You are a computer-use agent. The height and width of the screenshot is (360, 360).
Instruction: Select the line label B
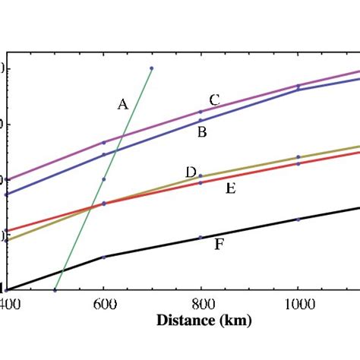point(202,133)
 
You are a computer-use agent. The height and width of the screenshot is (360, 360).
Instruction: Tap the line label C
point(215,99)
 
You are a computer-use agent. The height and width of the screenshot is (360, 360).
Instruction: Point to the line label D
point(191,172)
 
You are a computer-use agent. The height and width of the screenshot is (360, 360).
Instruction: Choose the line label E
point(230,188)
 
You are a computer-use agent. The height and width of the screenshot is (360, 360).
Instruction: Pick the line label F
point(219,244)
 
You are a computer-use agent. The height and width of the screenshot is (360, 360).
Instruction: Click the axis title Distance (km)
point(204,321)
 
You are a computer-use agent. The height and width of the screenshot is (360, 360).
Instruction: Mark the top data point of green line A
point(152,68)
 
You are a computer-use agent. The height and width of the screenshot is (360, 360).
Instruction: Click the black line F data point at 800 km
point(201,238)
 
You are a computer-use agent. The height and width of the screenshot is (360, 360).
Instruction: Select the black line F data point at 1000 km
point(298,219)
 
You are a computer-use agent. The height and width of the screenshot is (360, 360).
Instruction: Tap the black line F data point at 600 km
point(104,257)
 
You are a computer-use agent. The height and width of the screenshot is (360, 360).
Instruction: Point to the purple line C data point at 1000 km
point(298,86)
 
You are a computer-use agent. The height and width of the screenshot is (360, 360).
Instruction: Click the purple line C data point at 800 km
point(201,112)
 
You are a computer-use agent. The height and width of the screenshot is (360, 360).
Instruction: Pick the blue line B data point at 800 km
point(201,121)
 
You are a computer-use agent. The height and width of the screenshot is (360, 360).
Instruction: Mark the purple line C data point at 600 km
point(104,143)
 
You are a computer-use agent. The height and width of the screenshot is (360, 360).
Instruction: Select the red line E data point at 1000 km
point(298,163)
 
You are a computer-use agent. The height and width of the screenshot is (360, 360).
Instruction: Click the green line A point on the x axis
point(55,290)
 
